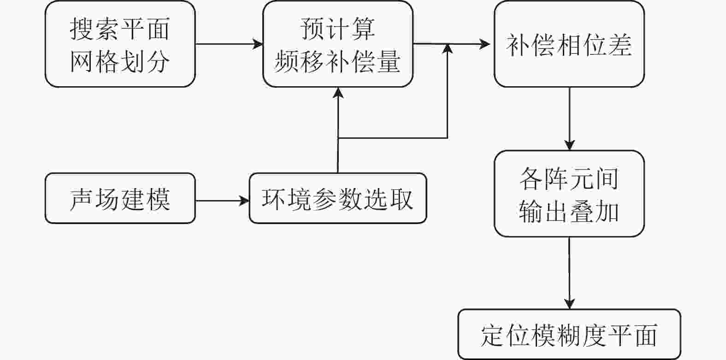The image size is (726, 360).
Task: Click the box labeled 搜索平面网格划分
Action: coord(120,44)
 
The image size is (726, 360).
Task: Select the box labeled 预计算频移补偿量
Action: coord(338,44)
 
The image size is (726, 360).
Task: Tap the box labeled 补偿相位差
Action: coord(569,44)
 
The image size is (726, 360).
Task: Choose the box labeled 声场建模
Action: coord(120,198)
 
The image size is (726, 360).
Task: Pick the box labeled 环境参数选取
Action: coord(338,198)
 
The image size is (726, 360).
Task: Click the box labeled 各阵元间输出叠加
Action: coord(569,194)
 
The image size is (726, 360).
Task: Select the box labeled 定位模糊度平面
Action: coord(569,334)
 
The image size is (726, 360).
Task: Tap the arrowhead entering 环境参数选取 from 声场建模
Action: coord(244,201)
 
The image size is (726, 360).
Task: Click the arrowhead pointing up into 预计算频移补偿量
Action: coord(338,93)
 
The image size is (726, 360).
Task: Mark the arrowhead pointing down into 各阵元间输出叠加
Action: coord(569,145)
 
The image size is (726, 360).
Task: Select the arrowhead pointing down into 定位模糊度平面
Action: coord(569,304)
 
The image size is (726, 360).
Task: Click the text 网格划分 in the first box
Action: coord(120,62)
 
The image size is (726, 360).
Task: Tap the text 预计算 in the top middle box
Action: coord(338,29)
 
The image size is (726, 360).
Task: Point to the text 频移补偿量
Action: coord(337,62)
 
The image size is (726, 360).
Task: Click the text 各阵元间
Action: coord(569,179)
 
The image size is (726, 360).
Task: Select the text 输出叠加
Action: coord(569,212)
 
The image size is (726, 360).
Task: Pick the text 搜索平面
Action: coord(120,29)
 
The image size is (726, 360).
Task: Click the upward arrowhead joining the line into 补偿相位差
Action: coord(448,49)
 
